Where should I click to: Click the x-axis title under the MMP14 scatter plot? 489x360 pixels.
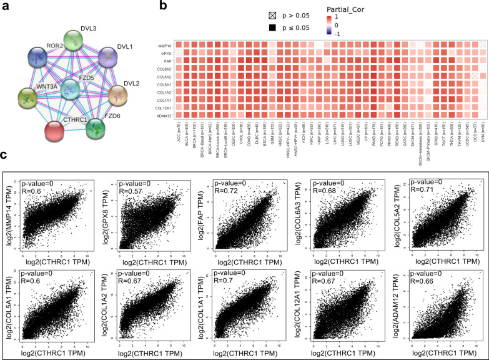(x=54, y=258)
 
